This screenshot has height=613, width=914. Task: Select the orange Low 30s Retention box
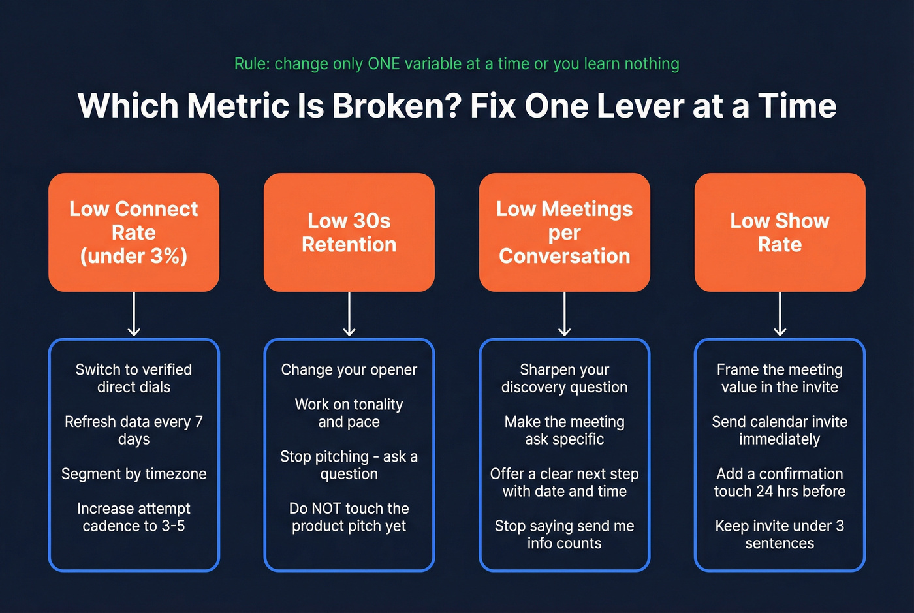[x=349, y=232]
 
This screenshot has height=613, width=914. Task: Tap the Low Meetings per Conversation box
[x=564, y=232]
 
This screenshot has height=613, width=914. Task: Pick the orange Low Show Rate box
[x=780, y=232]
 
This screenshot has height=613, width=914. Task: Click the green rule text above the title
[x=456, y=64]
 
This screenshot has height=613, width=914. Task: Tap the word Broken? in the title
[x=398, y=106]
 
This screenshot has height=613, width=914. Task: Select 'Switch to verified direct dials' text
[x=134, y=378]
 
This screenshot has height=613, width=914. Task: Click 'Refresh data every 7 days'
[x=134, y=430]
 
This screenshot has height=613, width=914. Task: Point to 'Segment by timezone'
[x=134, y=474]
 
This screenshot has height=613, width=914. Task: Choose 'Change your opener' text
[x=349, y=369]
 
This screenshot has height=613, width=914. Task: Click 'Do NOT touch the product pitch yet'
[x=349, y=517]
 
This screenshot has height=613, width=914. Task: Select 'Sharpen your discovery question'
[x=564, y=378]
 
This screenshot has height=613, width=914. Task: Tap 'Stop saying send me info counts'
[x=564, y=534]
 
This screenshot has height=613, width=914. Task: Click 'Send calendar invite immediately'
[x=780, y=430]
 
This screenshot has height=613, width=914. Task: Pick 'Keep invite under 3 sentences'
[x=780, y=534]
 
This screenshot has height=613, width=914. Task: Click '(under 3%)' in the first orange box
[x=134, y=256]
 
